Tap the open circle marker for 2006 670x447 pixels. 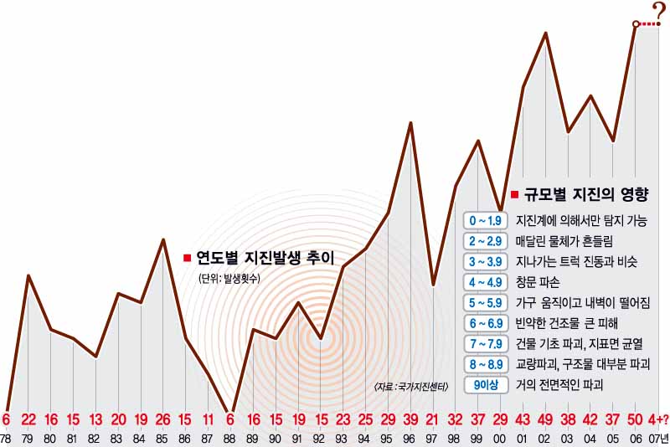tap(636, 24)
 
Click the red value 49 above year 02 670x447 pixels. tap(545, 419)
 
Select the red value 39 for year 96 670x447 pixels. tap(410, 419)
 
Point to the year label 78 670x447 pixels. tap(6, 439)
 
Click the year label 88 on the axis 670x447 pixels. tap(231, 439)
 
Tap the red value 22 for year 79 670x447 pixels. tap(28, 419)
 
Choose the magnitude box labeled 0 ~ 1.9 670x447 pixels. tap(486, 220)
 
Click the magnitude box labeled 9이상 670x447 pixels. tap(486, 386)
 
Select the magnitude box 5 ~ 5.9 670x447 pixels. tap(486, 303)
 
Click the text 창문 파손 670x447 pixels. tap(538, 282)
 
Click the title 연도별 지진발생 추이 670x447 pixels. tap(264, 257)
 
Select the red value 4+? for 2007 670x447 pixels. tap(657, 419)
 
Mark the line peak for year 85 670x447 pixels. tap(162, 239)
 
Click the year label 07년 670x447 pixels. tap(658, 439)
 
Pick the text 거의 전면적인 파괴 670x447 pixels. tap(560, 386)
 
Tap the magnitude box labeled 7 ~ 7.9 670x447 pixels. tap(486, 344)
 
